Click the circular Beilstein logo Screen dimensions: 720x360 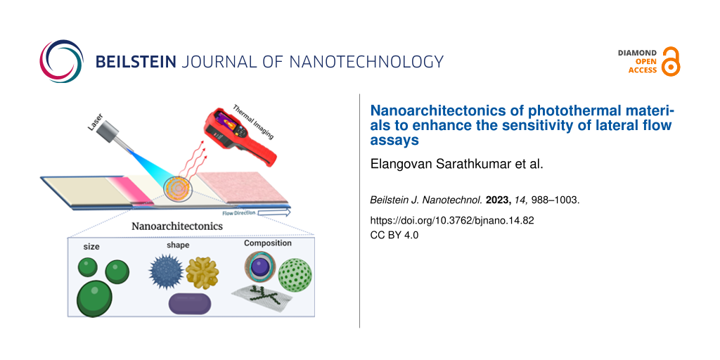(x=62, y=62)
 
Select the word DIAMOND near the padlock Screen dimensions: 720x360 (x=637, y=53)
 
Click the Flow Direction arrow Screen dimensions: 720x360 (x=256, y=213)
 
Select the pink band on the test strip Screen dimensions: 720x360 (x=130, y=190)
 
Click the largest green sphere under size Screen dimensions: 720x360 (x=95, y=298)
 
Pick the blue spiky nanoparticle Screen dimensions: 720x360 (x=166, y=272)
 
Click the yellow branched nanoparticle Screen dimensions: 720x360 (x=202, y=273)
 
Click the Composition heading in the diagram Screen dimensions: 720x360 (x=267, y=243)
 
